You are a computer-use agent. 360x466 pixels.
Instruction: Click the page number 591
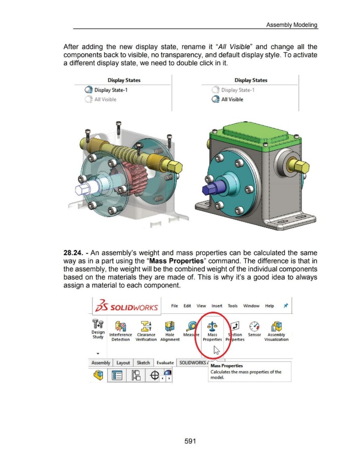point(190,441)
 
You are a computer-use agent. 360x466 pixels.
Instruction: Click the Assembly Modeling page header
point(291,25)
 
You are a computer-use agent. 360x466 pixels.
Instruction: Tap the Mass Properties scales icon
point(212,326)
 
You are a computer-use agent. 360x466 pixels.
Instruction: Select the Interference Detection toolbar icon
point(121,327)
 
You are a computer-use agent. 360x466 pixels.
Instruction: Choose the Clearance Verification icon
point(146,326)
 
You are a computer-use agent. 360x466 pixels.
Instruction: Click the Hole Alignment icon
point(170,326)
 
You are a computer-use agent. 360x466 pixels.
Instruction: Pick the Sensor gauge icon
point(254,326)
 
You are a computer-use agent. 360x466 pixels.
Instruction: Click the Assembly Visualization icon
point(276,326)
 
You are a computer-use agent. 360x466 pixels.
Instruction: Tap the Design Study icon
point(98,324)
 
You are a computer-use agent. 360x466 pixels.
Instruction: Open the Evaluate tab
point(165,362)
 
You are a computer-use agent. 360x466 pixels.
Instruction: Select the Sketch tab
point(143,362)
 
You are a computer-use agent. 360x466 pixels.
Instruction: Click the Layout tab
point(123,362)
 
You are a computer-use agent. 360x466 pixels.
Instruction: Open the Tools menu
point(233,306)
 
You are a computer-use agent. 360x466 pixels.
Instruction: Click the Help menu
point(269,306)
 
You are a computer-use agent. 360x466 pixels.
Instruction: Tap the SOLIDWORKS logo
point(126,306)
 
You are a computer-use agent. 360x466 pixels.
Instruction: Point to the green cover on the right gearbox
point(255,135)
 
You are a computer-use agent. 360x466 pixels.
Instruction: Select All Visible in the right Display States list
point(232,99)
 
